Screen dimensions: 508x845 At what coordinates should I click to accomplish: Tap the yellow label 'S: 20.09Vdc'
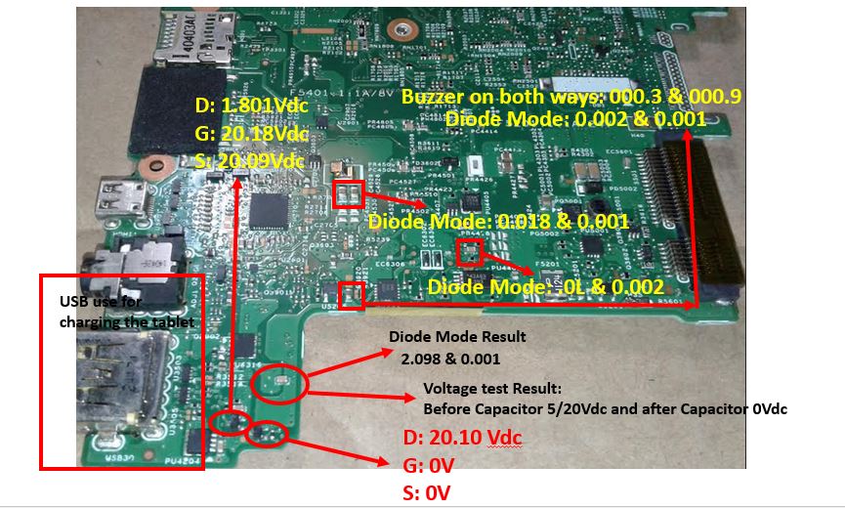(x=248, y=160)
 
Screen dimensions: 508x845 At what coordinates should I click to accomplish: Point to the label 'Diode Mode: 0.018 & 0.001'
(x=498, y=222)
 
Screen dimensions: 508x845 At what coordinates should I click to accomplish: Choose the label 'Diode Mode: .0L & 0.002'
(x=546, y=287)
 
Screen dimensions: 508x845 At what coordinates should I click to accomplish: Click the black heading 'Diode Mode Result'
(x=457, y=337)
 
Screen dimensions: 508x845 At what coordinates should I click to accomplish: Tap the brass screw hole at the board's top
(x=400, y=32)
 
